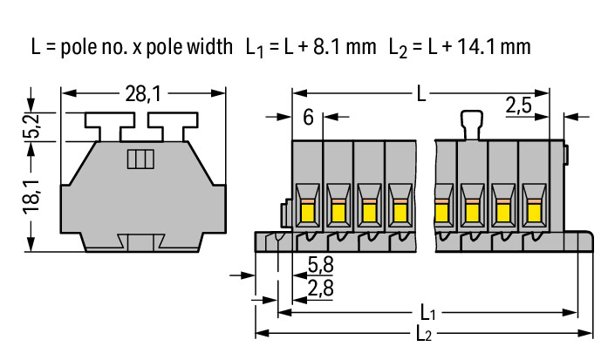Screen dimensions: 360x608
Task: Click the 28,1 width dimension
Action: [x=144, y=90]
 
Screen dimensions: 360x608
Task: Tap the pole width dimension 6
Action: [x=309, y=117]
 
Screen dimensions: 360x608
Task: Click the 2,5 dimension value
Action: [x=521, y=106]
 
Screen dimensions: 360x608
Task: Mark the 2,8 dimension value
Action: [x=320, y=285]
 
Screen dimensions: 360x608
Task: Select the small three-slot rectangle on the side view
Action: [x=140, y=159]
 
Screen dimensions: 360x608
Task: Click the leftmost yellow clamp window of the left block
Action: [x=308, y=209]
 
